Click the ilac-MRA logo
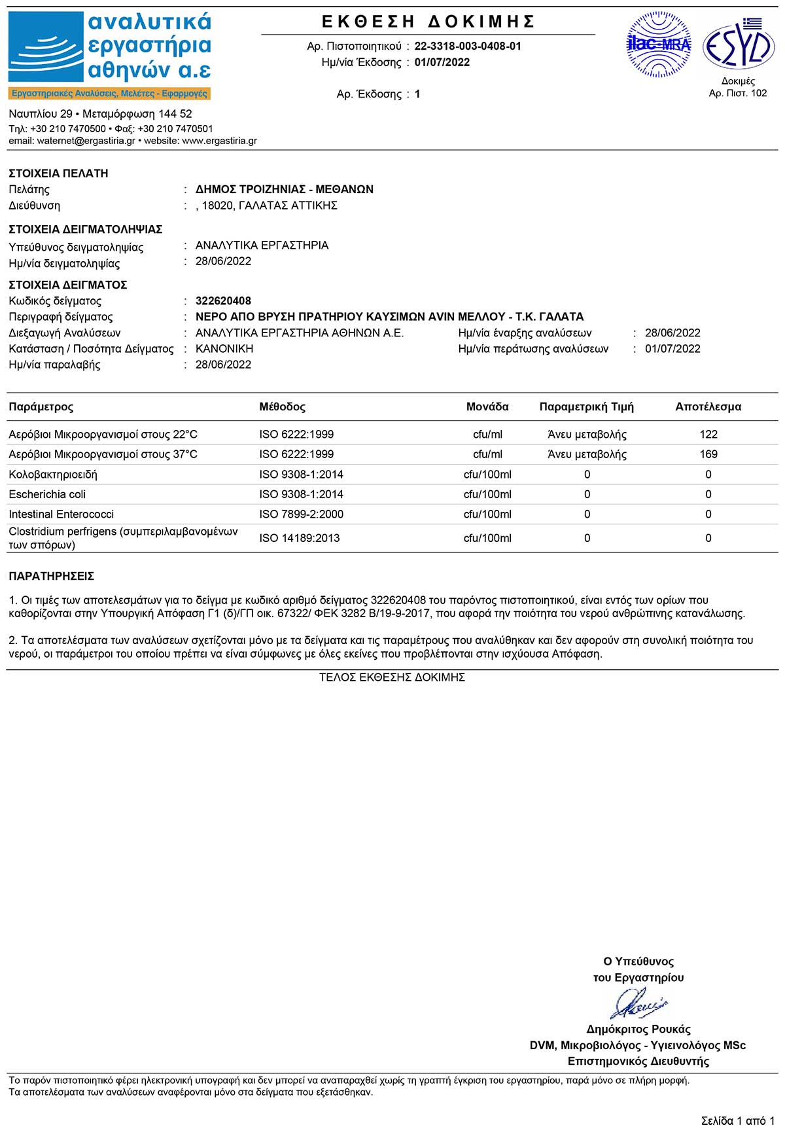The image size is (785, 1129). coord(659,45)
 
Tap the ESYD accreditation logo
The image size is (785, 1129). coord(739,45)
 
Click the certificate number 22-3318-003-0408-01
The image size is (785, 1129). coord(468,46)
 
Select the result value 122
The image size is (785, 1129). coord(708,435)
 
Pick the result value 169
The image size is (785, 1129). coord(708,454)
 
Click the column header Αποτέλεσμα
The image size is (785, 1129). coord(708,407)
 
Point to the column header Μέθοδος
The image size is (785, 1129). coord(282,407)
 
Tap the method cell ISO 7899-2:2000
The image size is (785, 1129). coord(301,514)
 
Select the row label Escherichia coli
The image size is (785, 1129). coord(47,494)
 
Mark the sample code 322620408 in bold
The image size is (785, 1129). coord(223,301)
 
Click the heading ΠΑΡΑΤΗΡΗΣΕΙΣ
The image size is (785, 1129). coord(51,577)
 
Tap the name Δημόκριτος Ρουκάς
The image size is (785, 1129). coord(638,1029)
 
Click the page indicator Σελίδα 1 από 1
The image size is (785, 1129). coord(737,1121)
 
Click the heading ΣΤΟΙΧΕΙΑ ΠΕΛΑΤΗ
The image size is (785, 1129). coord(58,173)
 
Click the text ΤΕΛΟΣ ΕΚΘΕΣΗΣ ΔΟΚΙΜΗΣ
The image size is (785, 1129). coord(392,677)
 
